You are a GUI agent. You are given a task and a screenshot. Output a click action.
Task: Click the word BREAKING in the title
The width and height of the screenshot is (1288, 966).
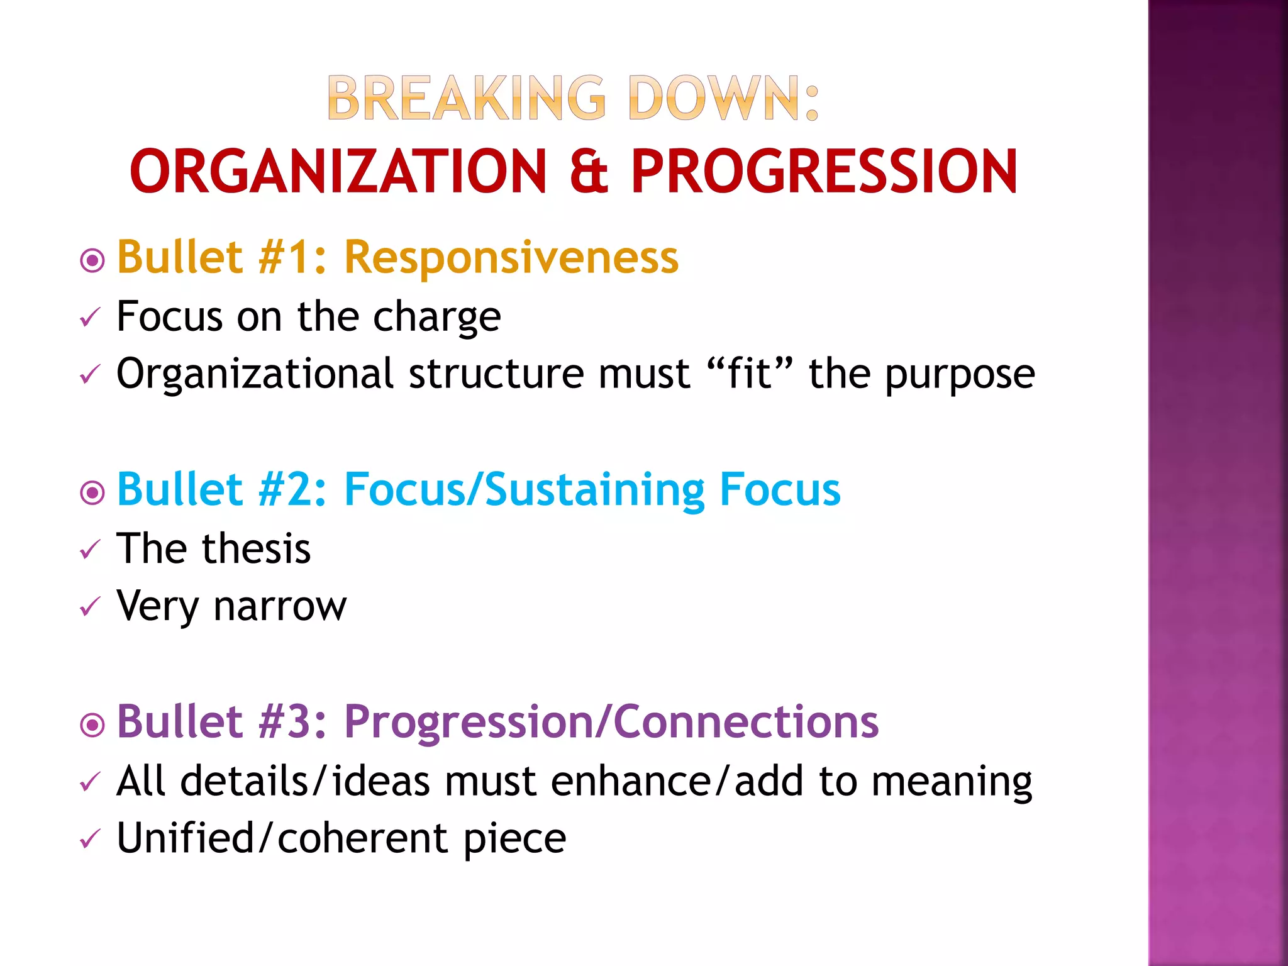(466, 98)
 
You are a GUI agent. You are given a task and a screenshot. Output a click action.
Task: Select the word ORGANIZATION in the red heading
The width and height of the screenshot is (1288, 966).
(338, 171)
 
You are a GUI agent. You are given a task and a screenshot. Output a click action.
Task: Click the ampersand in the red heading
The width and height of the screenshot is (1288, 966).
(589, 171)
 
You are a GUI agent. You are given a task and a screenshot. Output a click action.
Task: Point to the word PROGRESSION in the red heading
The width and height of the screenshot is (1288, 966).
(824, 171)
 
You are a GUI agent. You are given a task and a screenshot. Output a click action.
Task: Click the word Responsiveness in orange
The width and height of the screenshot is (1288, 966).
(511, 257)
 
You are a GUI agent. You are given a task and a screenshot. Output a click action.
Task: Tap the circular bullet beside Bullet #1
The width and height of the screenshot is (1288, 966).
(92, 260)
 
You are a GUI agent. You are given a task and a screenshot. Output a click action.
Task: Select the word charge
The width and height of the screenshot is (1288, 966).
(437, 316)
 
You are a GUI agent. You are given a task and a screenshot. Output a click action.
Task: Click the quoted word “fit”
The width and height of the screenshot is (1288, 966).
(748, 374)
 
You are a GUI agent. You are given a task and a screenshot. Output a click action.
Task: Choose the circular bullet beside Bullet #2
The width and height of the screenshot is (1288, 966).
(92, 492)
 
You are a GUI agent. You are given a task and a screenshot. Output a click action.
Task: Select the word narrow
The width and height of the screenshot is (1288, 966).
(280, 606)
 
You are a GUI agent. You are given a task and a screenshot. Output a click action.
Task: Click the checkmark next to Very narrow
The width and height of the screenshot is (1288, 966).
(90, 608)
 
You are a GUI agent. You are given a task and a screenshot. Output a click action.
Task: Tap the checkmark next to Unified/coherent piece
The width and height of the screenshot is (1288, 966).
(90, 840)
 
